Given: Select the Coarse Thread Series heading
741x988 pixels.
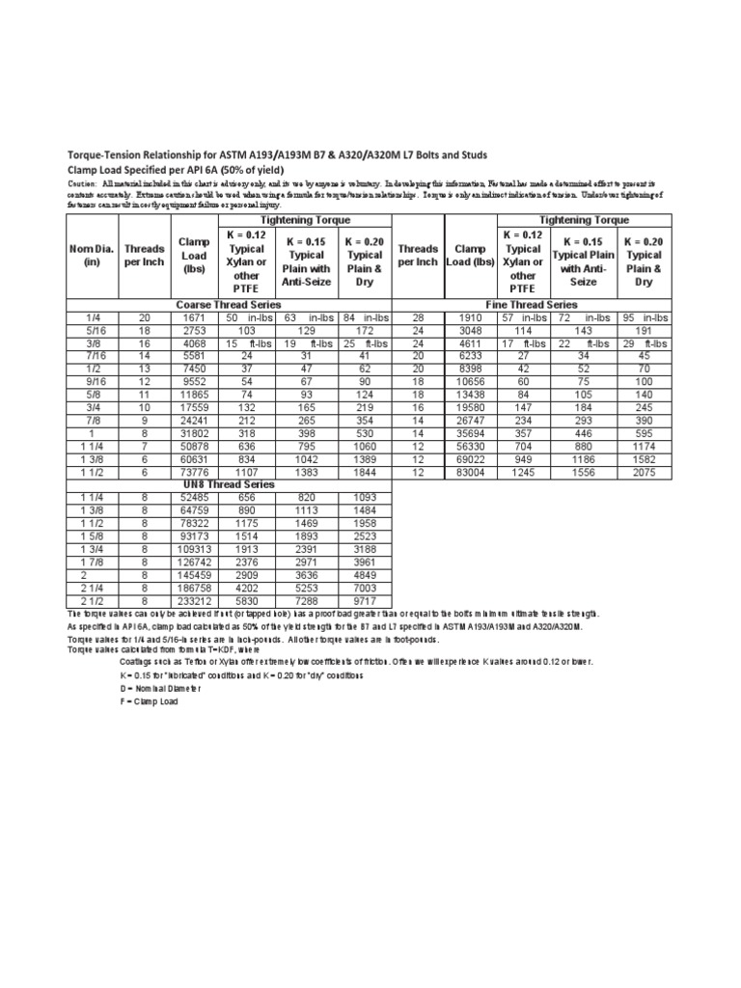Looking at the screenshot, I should (227, 304).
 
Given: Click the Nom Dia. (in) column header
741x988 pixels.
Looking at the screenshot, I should (92, 255).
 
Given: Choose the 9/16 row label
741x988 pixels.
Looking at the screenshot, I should (92, 381).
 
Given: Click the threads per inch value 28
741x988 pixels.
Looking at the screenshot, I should (418, 317).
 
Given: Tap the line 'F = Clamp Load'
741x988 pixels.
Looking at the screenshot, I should (149, 701).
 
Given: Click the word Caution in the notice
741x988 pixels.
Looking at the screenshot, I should (81, 182).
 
